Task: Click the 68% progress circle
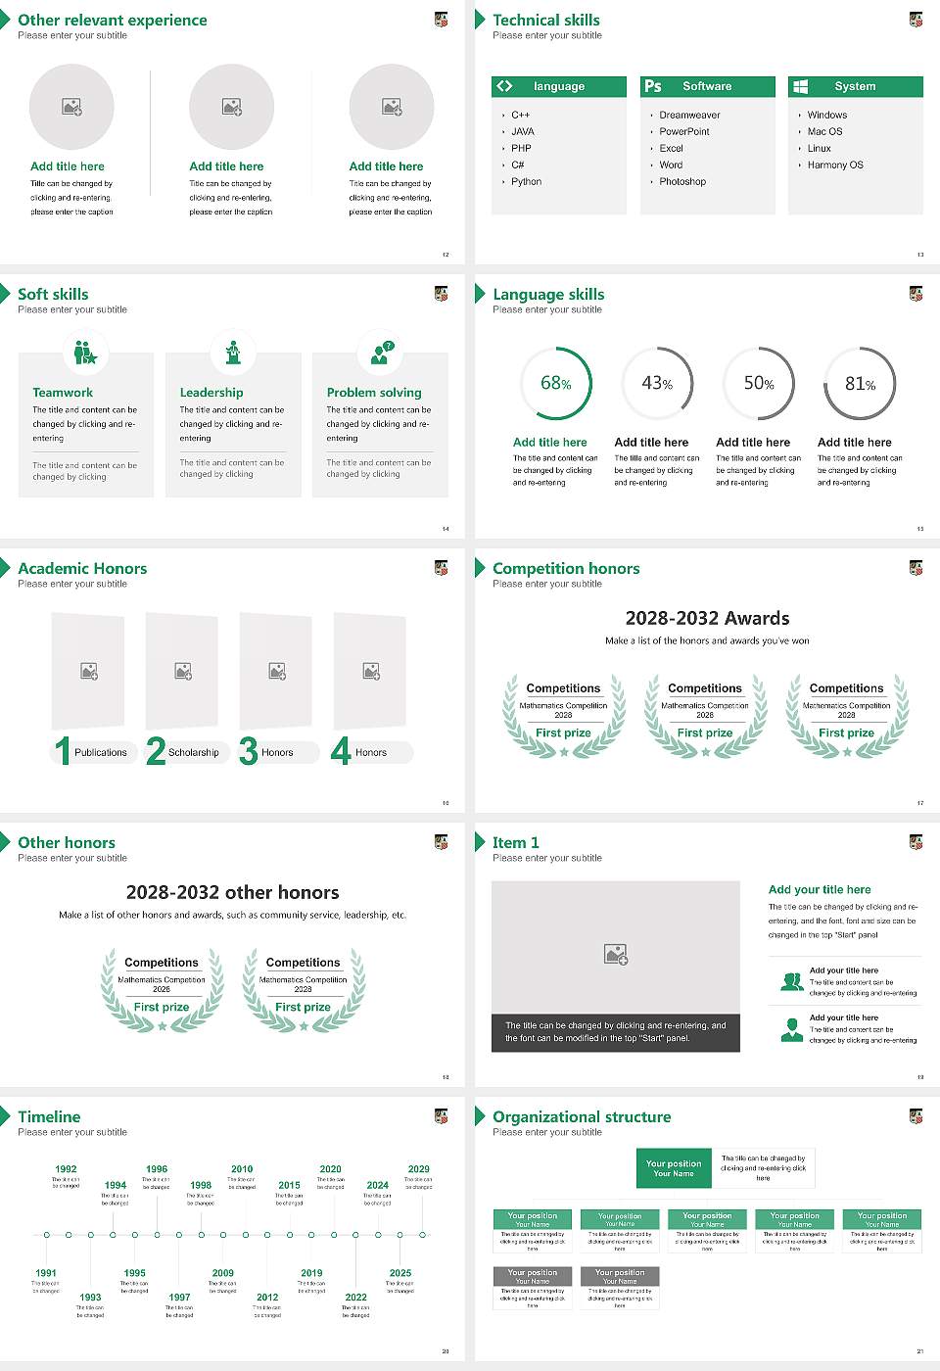(x=556, y=383)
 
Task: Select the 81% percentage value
(x=860, y=384)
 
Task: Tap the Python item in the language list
(x=526, y=182)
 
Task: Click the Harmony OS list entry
(x=835, y=165)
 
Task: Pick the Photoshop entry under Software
(x=682, y=182)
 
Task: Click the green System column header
(x=855, y=86)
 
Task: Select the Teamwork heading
(x=63, y=393)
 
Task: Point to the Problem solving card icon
(x=380, y=353)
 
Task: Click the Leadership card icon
(x=233, y=353)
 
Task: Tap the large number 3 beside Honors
(x=248, y=751)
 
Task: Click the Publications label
(x=101, y=753)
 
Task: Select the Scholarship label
(x=193, y=753)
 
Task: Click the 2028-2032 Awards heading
(x=707, y=618)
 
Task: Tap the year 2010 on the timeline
(x=242, y=1169)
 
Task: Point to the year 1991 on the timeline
(x=46, y=1274)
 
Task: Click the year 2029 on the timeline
(x=419, y=1169)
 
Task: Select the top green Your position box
(x=674, y=1168)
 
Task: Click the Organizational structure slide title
(x=582, y=1117)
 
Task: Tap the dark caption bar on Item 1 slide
(x=615, y=1032)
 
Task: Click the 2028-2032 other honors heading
(x=232, y=892)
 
